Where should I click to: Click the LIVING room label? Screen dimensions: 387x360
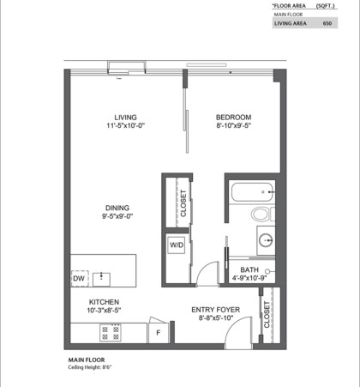pos(126,117)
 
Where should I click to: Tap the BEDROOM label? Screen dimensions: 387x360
pos(232,117)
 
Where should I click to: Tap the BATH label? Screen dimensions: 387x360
pos(237,269)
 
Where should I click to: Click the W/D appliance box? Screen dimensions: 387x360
pos(177,245)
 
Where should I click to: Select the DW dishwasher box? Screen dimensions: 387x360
pos(79,278)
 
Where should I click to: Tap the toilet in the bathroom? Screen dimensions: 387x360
pos(260,214)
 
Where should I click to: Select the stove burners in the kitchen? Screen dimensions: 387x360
pos(111,330)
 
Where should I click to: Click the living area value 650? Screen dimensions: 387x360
pos(326,24)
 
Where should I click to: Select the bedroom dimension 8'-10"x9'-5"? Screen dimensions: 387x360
pos(232,126)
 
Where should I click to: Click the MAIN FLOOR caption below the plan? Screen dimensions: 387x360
pos(86,359)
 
